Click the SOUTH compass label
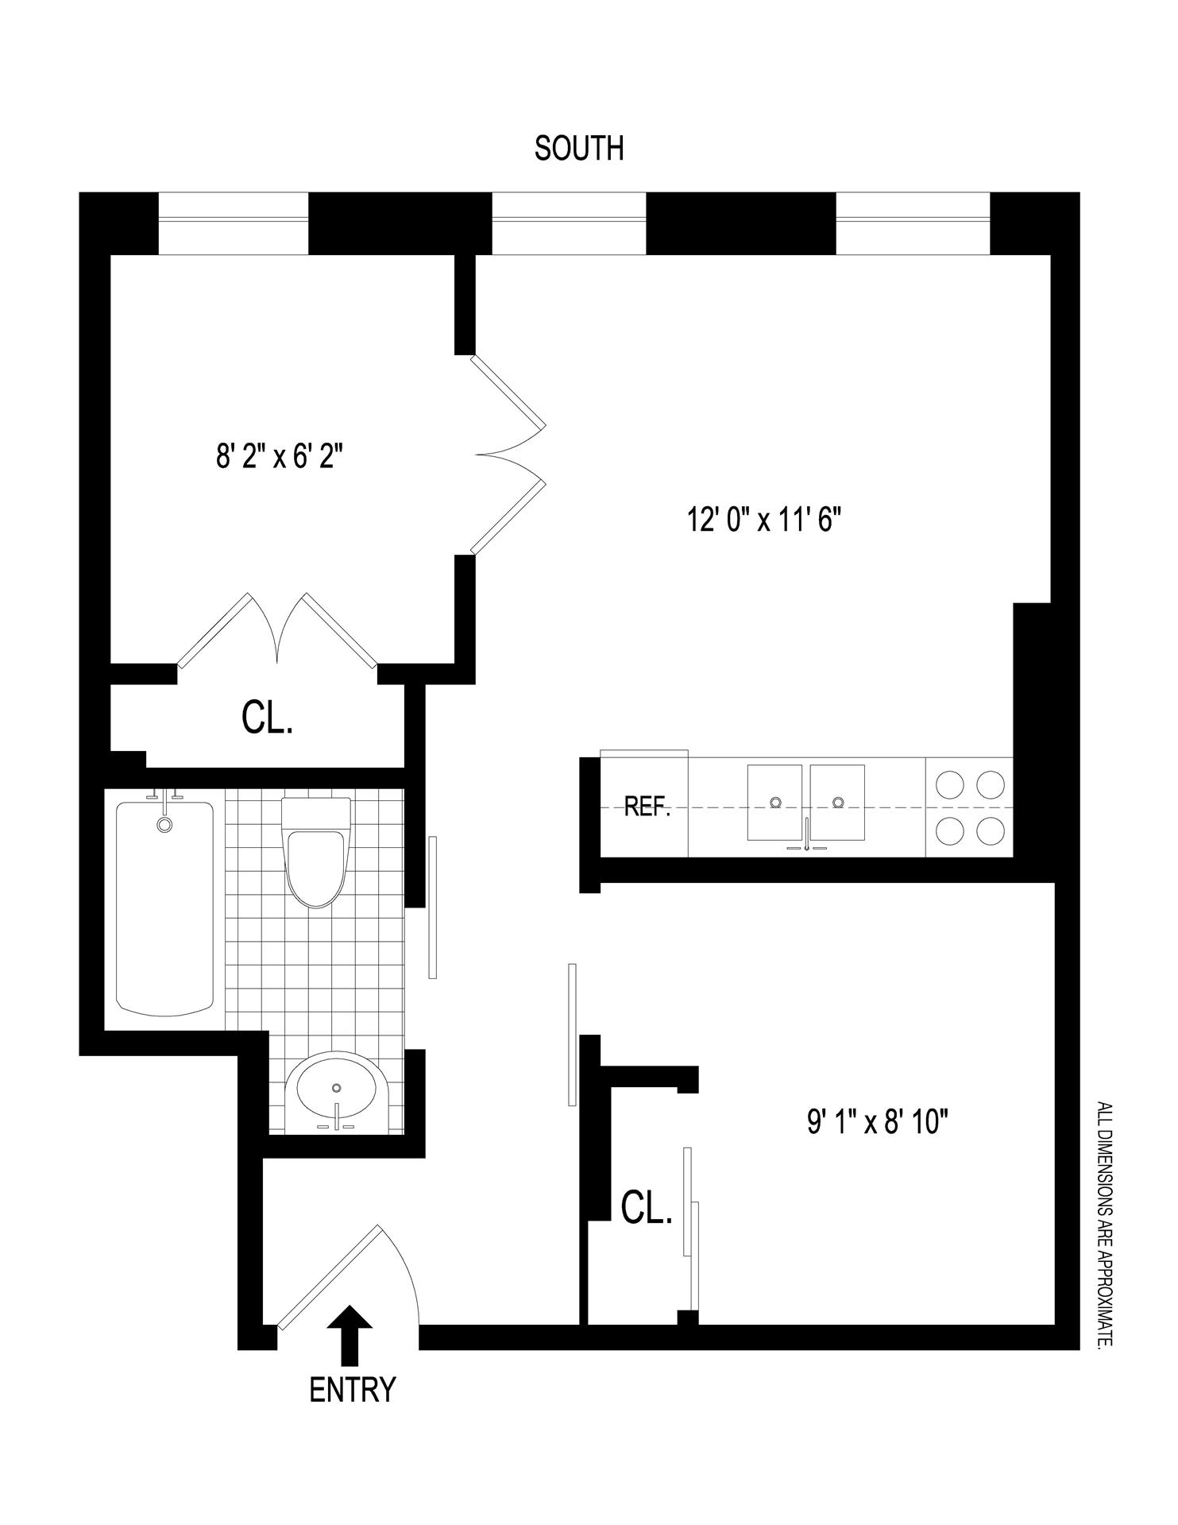coord(578,149)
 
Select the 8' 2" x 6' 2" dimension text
coord(279,458)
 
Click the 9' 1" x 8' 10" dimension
coord(879,1123)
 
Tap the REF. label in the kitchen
coord(647,808)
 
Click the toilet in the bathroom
coord(316,853)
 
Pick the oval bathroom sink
coord(337,1092)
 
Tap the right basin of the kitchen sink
coord(837,803)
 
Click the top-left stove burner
coord(949,785)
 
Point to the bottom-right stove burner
coord(991,831)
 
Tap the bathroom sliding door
coord(432,908)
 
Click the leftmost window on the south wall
coord(234,224)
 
